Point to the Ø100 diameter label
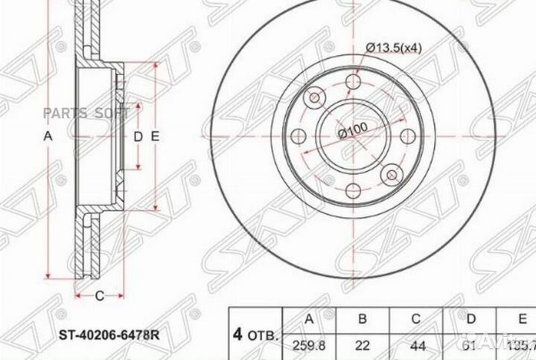point(352,130)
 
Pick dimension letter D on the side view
point(137,136)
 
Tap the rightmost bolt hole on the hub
point(407,137)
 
